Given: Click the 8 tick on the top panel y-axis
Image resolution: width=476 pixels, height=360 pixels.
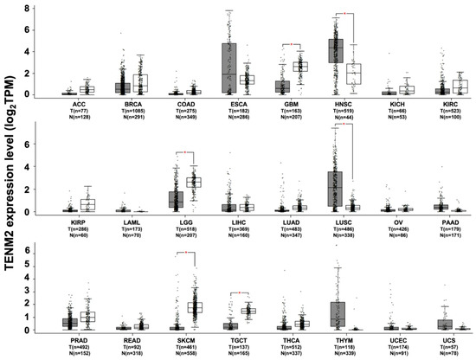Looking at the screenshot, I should [29, 9].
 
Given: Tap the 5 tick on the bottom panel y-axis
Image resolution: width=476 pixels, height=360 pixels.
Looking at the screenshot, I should [29, 265].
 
